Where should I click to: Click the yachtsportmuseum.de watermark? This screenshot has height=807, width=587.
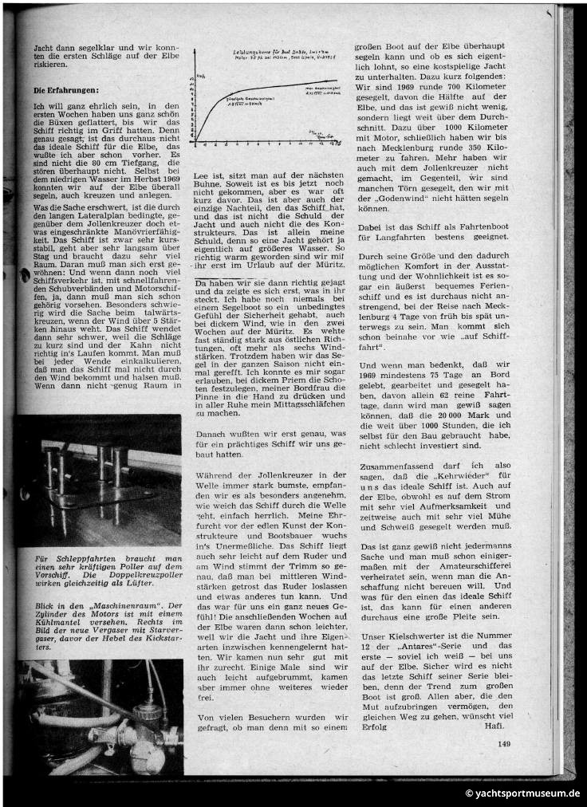523,793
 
